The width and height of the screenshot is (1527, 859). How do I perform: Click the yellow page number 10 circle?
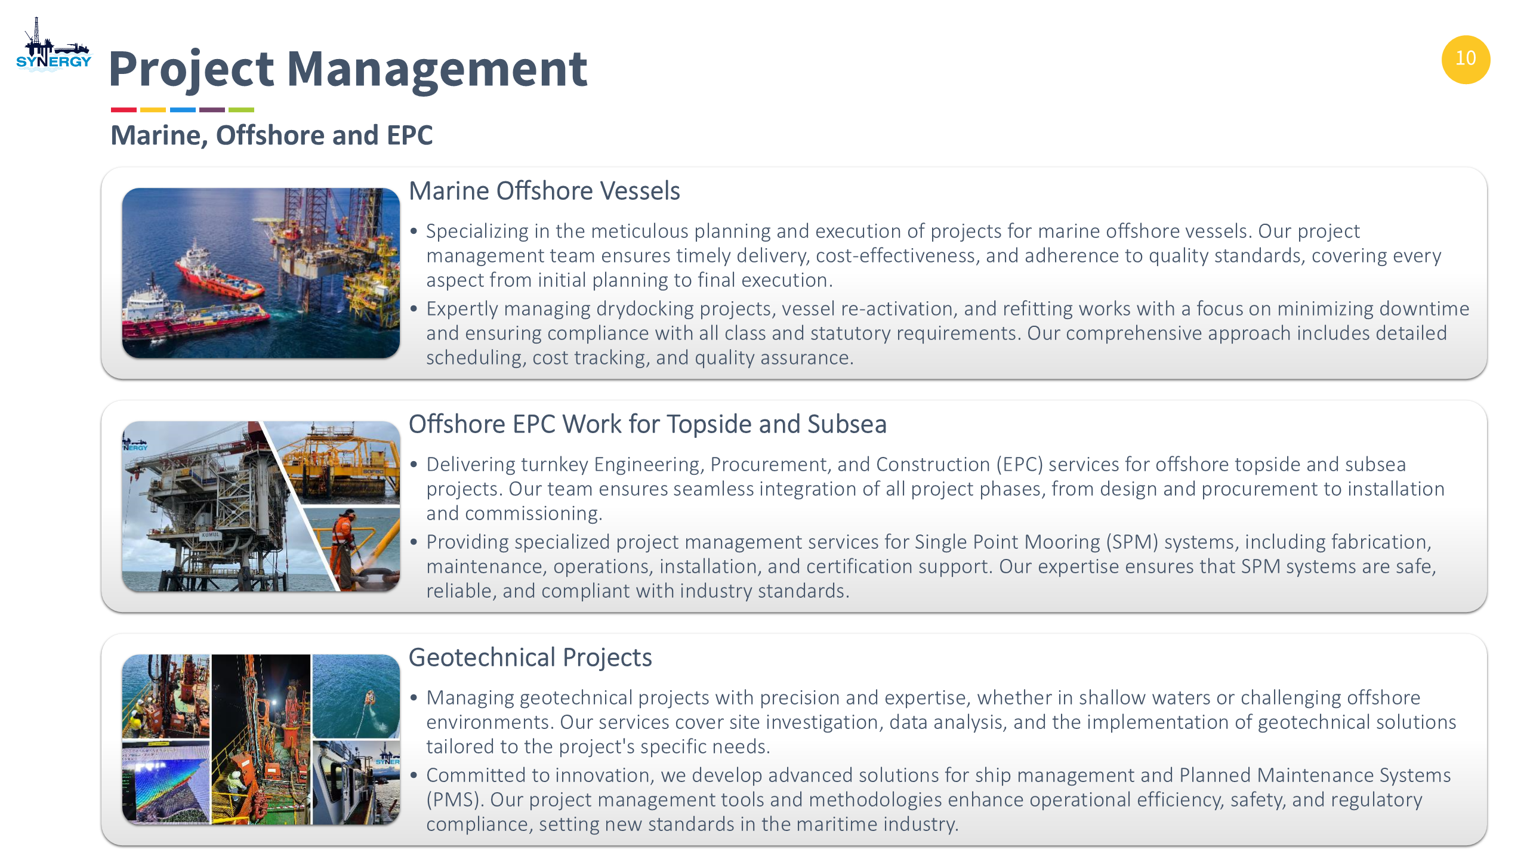[x=1466, y=59]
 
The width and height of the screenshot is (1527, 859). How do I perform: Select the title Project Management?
[x=348, y=69]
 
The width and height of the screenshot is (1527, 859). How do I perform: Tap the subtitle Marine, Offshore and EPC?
[x=272, y=135]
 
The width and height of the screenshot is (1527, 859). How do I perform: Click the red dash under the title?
[x=124, y=110]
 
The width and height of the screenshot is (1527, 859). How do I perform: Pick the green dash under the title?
[x=241, y=110]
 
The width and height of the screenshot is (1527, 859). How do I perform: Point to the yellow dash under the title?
[x=153, y=110]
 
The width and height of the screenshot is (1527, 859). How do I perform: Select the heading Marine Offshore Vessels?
[x=544, y=191]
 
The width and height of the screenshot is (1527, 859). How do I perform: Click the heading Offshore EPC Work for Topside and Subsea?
[x=647, y=424]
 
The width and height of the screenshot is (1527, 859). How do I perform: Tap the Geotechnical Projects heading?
[x=530, y=657]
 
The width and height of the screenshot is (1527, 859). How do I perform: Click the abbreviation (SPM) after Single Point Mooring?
[x=1132, y=542]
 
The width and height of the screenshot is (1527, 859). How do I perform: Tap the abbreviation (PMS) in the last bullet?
[x=454, y=799]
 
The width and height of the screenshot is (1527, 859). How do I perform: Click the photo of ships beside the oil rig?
[x=261, y=273]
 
